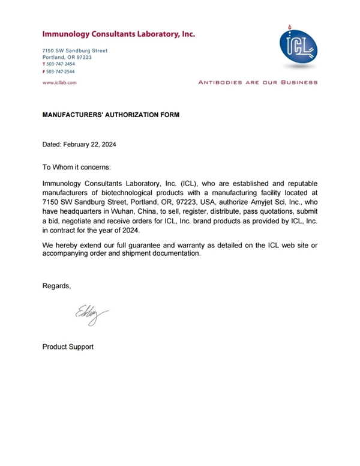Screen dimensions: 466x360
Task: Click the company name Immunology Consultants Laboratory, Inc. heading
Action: tap(118, 35)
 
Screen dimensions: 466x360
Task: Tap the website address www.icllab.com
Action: tap(59, 82)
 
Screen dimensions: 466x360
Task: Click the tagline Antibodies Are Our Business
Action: tap(258, 82)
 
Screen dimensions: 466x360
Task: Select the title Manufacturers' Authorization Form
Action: tap(110, 113)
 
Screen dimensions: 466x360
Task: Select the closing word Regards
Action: tap(56, 286)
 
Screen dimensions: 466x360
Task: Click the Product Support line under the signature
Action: tap(68, 346)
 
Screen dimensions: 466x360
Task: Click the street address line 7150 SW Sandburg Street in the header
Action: tap(75, 50)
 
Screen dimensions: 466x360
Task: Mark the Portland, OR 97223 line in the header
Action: tap(67, 57)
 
